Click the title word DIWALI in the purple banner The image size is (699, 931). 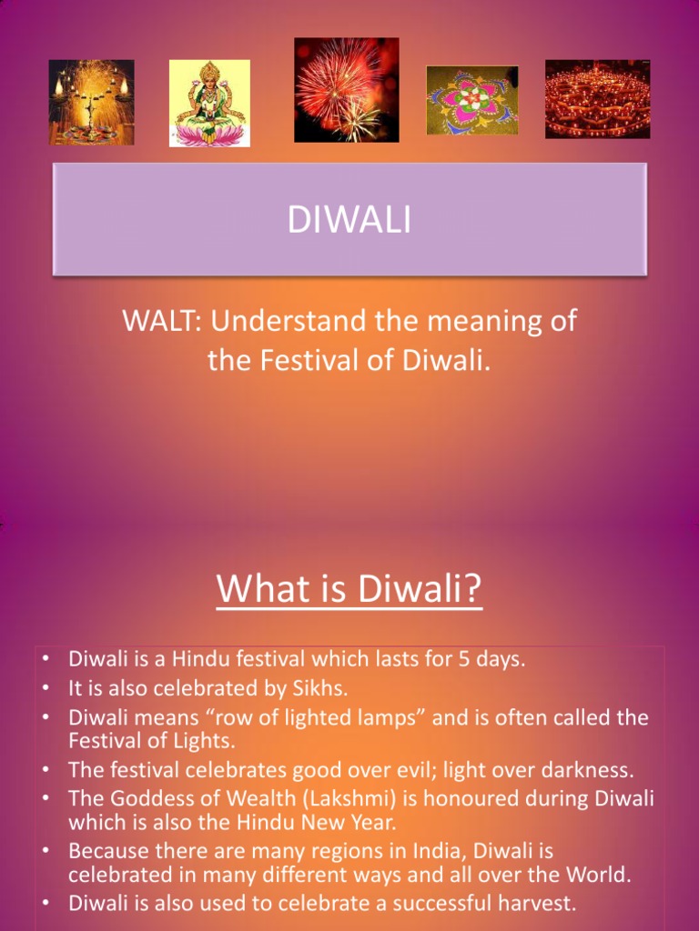(x=349, y=220)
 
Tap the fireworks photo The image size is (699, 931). (x=347, y=90)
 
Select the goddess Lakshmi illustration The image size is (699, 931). (x=209, y=103)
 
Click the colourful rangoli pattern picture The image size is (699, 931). (x=472, y=100)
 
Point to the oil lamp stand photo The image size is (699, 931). (x=92, y=102)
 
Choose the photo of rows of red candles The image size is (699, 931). (x=597, y=99)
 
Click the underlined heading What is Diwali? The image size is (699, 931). (x=349, y=588)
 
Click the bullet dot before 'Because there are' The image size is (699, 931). (x=46, y=852)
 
